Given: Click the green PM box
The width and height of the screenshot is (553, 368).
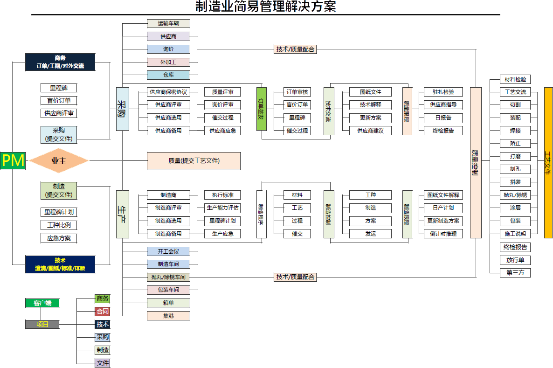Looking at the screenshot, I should (13, 160).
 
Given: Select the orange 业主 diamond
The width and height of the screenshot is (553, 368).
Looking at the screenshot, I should (59, 161).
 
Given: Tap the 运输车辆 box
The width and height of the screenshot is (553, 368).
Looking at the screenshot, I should (168, 23).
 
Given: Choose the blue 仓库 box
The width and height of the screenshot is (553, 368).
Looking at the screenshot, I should (168, 75).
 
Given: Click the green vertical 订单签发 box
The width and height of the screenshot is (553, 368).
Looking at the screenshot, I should (262, 109).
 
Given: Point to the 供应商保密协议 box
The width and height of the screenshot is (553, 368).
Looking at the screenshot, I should (168, 92).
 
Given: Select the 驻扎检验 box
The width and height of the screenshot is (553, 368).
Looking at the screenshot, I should (443, 92).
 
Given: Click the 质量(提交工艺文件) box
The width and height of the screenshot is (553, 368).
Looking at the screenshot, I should (194, 160).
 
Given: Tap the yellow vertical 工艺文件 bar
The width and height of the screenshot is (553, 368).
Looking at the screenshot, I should (548, 162).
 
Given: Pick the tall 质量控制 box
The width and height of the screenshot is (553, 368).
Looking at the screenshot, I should (476, 162).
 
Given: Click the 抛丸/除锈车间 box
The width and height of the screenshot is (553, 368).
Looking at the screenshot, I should (168, 277).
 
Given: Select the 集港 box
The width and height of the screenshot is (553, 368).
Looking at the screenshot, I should (168, 316).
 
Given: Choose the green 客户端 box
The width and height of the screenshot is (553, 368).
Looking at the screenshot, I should (42, 303).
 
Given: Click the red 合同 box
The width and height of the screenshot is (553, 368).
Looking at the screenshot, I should (103, 311).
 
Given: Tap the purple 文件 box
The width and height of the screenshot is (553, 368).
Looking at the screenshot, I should (103, 363).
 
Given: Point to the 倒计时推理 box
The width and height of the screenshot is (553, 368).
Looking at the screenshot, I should (443, 234).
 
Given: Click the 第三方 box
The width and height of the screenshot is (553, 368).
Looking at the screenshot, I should (515, 272).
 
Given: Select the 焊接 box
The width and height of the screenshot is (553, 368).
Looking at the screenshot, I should (515, 131).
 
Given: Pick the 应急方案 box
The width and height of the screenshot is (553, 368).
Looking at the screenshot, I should (59, 238).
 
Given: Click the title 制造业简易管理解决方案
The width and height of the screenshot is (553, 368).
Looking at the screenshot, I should (266, 7).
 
